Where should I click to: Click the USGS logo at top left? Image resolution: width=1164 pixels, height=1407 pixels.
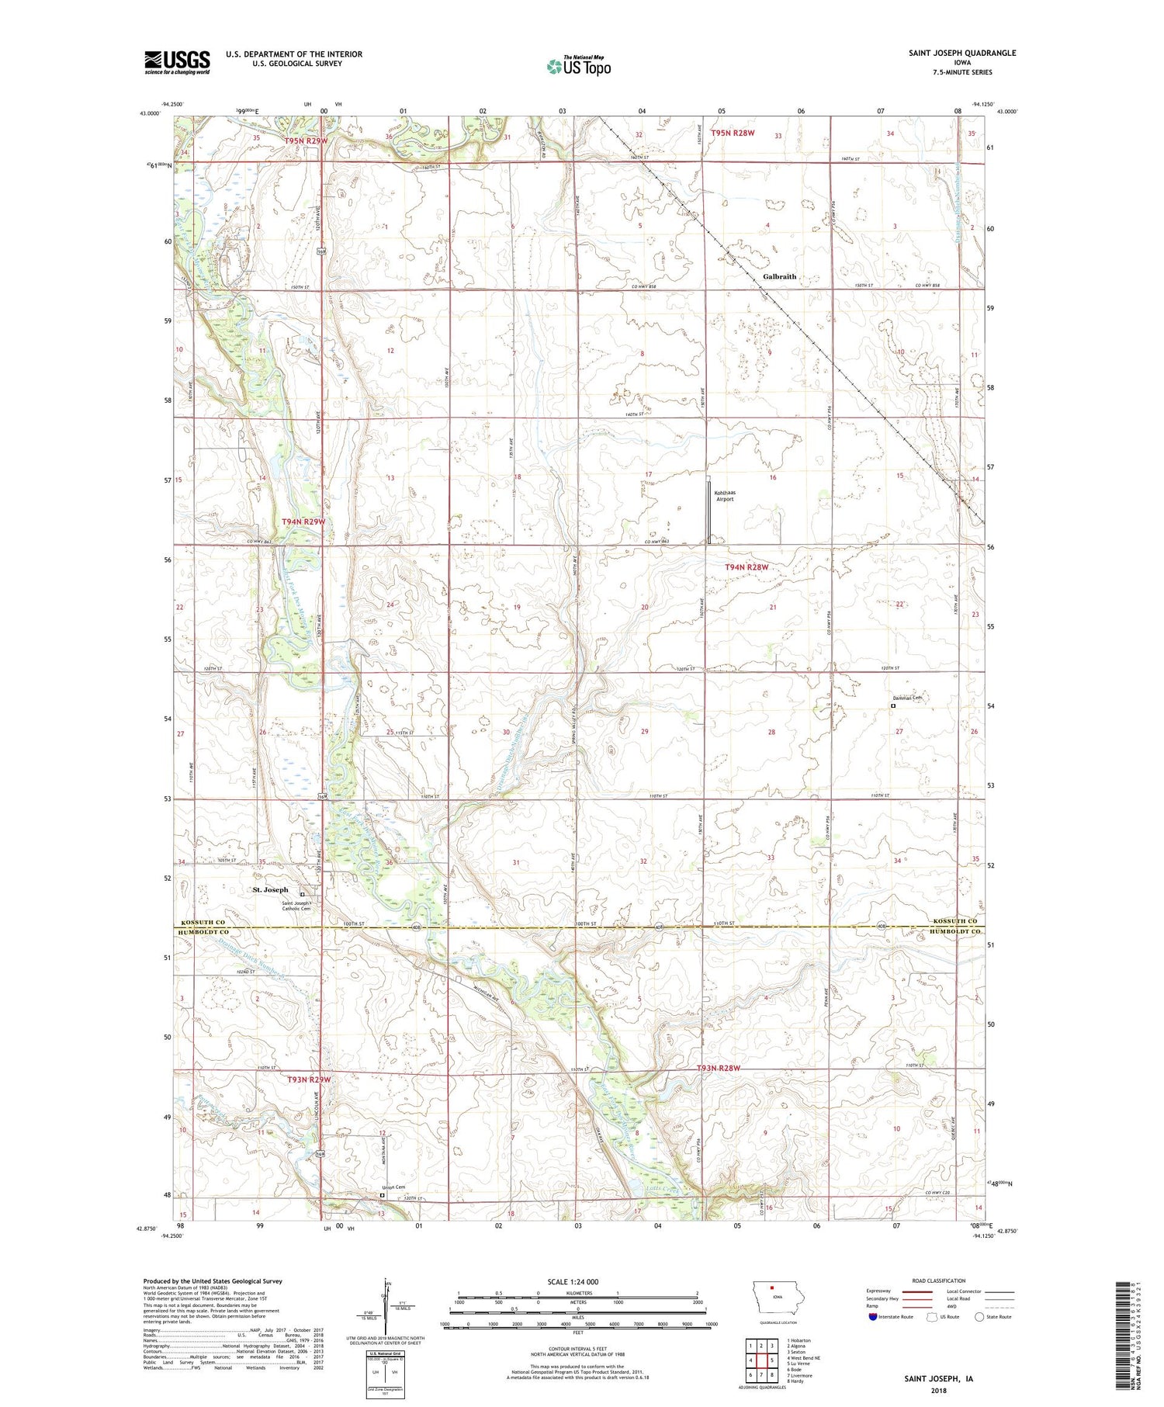click(x=177, y=62)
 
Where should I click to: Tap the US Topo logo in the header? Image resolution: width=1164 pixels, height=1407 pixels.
click(x=578, y=66)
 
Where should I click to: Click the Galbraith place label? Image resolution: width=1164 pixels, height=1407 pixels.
click(x=779, y=276)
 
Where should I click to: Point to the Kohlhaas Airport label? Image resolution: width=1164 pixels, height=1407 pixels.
click(x=724, y=496)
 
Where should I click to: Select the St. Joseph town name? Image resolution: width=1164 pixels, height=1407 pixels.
click(x=270, y=889)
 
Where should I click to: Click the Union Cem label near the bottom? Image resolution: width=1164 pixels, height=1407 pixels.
click(x=393, y=1187)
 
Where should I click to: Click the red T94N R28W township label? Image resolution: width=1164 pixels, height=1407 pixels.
click(x=746, y=567)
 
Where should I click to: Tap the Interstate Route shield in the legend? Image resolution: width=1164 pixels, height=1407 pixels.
click(x=873, y=1317)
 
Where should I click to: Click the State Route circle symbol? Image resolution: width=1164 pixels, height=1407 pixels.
click(x=980, y=1316)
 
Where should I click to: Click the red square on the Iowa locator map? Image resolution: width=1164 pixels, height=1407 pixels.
click(x=772, y=1293)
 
